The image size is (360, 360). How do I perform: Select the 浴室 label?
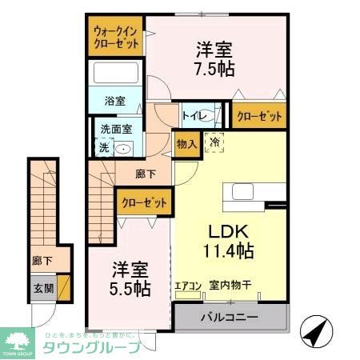click(x=115, y=102)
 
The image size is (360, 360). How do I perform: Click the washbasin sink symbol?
click(x=124, y=147)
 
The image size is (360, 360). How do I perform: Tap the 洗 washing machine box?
click(x=102, y=146)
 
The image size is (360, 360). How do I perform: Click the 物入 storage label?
click(x=186, y=145)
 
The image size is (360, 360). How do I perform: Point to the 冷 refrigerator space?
click(x=215, y=142)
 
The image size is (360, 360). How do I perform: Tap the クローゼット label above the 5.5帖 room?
click(x=144, y=202)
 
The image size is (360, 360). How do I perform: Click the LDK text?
click(x=226, y=231)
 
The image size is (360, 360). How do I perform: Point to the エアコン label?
click(x=187, y=284)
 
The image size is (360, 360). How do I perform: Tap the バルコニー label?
click(x=230, y=318)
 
